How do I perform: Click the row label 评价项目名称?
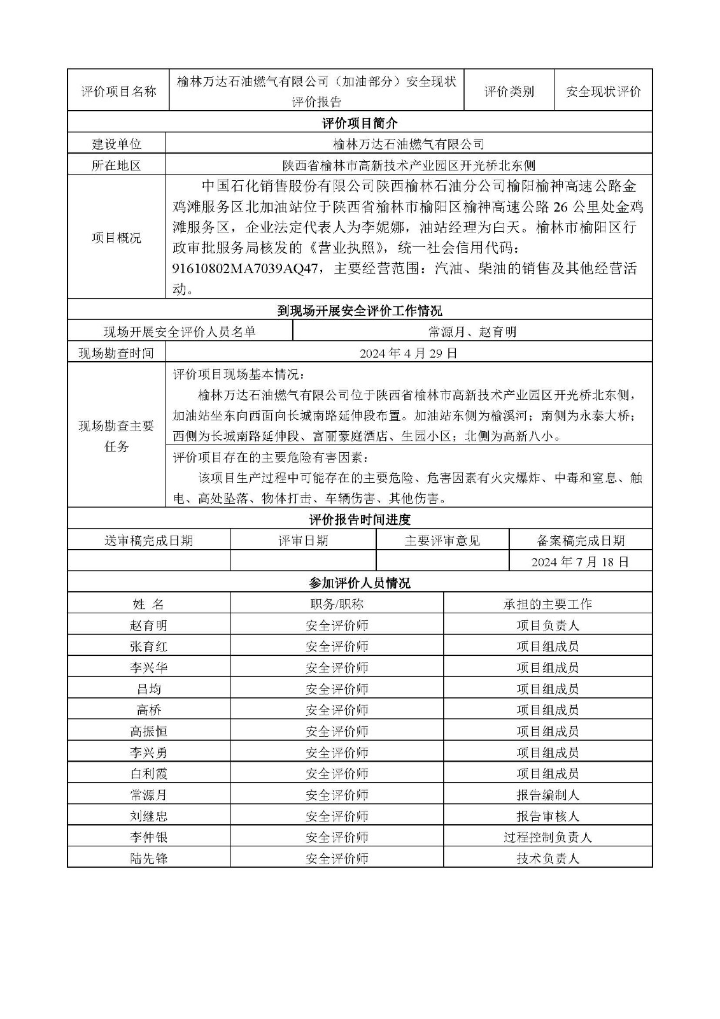pyautogui.click(x=118, y=91)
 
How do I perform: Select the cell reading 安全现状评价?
pyautogui.click(x=604, y=91)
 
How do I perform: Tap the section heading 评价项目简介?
pyautogui.click(x=360, y=123)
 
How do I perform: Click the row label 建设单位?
pyautogui.click(x=116, y=145)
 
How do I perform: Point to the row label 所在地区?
pyautogui.click(x=116, y=166)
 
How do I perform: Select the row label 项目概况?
pyautogui.click(x=116, y=238)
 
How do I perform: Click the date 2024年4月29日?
pyautogui.click(x=408, y=353)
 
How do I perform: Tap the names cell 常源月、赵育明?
pyautogui.click(x=472, y=332)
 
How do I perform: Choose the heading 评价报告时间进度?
pyautogui.click(x=360, y=520)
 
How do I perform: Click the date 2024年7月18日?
pyautogui.click(x=580, y=562)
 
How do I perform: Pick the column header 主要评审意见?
pyautogui.click(x=442, y=541)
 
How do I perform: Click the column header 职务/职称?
pyautogui.click(x=337, y=604)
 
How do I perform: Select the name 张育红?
pyautogui.click(x=148, y=646)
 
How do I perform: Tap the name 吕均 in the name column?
pyautogui.click(x=148, y=688)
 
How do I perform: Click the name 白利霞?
pyautogui.click(x=148, y=773)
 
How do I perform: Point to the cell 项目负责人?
pyautogui.click(x=547, y=625)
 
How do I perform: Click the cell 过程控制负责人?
pyautogui.click(x=547, y=837)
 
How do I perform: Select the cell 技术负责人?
pyautogui.click(x=547, y=859)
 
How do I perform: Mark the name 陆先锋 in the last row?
pyautogui.click(x=148, y=859)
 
